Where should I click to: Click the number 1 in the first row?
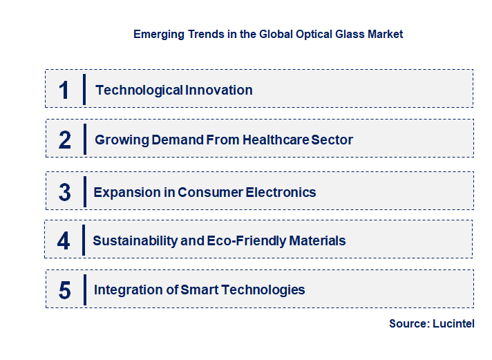[x=64, y=90]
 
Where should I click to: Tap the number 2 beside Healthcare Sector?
[x=65, y=140]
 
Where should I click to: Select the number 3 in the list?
[x=65, y=192]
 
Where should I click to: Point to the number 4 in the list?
[x=64, y=241]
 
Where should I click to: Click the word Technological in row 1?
[x=130, y=90]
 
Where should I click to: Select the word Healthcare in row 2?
[x=273, y=140]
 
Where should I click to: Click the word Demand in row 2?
[x=171, y=140]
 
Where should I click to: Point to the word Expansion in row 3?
[x=124, y=192]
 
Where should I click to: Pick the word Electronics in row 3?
[x=281, y=192]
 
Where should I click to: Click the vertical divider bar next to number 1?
[x=84, y=89]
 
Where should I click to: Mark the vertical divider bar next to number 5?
[x=84, y=289]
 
